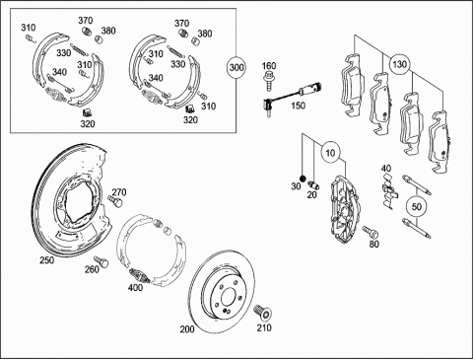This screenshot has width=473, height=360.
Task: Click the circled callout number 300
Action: (x=236, y=68)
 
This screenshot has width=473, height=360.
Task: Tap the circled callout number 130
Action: (x=399, y=64)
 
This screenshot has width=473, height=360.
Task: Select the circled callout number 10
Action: (x=330, y=153)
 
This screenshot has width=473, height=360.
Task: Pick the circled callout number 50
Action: (x=416, y=207)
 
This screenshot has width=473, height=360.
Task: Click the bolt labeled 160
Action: (x=269, y=81)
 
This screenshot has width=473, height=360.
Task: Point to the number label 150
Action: (x=298, y=106)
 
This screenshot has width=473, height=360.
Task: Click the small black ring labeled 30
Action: (x=303, y=179)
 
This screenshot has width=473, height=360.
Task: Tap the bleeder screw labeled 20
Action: (x=313, y=184)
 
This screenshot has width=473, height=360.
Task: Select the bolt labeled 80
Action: (x=371, y=232)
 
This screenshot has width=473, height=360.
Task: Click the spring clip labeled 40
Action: (x=390, y=191)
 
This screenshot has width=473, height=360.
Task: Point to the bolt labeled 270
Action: (x=115, y=201)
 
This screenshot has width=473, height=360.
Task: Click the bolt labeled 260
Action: (x=101, y=261)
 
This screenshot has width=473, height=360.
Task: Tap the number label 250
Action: (x=47, y=260)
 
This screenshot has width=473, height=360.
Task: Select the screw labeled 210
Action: (x=263, y=312)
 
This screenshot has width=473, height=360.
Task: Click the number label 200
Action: (x=187, y=329)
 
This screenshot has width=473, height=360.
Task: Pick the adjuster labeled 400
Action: (x=140, y=275)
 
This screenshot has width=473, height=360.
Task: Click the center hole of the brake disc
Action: (x=229, y=299)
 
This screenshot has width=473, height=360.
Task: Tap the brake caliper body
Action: (x=345, y=207)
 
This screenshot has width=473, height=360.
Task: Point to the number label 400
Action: (x=135, y=288)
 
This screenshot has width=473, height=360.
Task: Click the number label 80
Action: (x=374, y=244)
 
